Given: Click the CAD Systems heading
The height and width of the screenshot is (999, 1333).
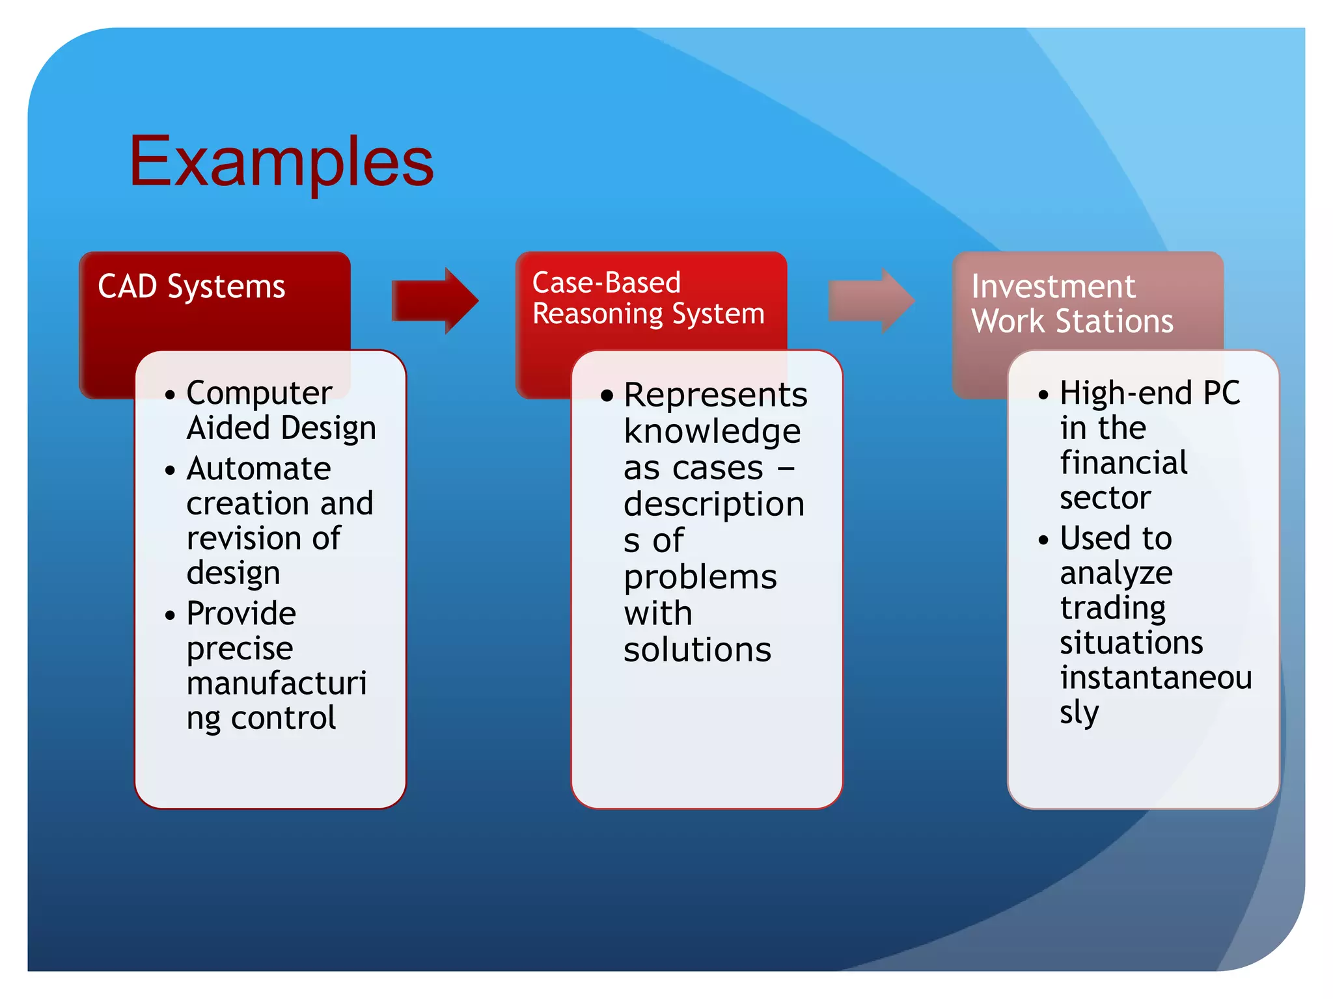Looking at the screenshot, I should (x=191, y=287).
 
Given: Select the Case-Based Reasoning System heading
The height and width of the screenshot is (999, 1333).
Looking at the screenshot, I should (x=648, y=299).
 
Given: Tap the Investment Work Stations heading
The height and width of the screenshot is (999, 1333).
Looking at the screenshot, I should (x=1072, y=304).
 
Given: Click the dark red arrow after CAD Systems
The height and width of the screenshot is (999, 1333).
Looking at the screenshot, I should (x=435, y=300).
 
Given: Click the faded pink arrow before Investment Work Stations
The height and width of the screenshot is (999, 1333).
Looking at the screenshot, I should (x=871, y=300).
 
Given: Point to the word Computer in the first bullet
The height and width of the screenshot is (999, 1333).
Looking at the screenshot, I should (x=259, y=393).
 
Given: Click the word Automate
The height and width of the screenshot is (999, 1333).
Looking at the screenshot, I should (x=258, y=469).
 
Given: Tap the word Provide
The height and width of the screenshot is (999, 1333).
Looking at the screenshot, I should (x=241, y=613).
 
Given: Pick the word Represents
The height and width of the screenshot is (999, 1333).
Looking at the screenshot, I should (x=715, y=395).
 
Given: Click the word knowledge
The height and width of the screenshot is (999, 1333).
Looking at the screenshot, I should (x=712, y=432).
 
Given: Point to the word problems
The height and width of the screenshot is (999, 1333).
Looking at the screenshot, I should (x=700, y=578).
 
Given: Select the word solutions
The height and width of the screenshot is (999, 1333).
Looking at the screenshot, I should (x=697, y=650).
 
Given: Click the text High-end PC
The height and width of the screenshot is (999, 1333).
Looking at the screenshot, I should (x=1149, y=393).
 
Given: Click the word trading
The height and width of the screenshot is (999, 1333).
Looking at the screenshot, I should (x=1112, y=608).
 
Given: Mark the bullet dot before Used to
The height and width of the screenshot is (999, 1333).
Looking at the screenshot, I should (x=1043, y=540).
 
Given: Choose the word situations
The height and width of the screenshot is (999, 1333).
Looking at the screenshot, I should (x=1131, y=643).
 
